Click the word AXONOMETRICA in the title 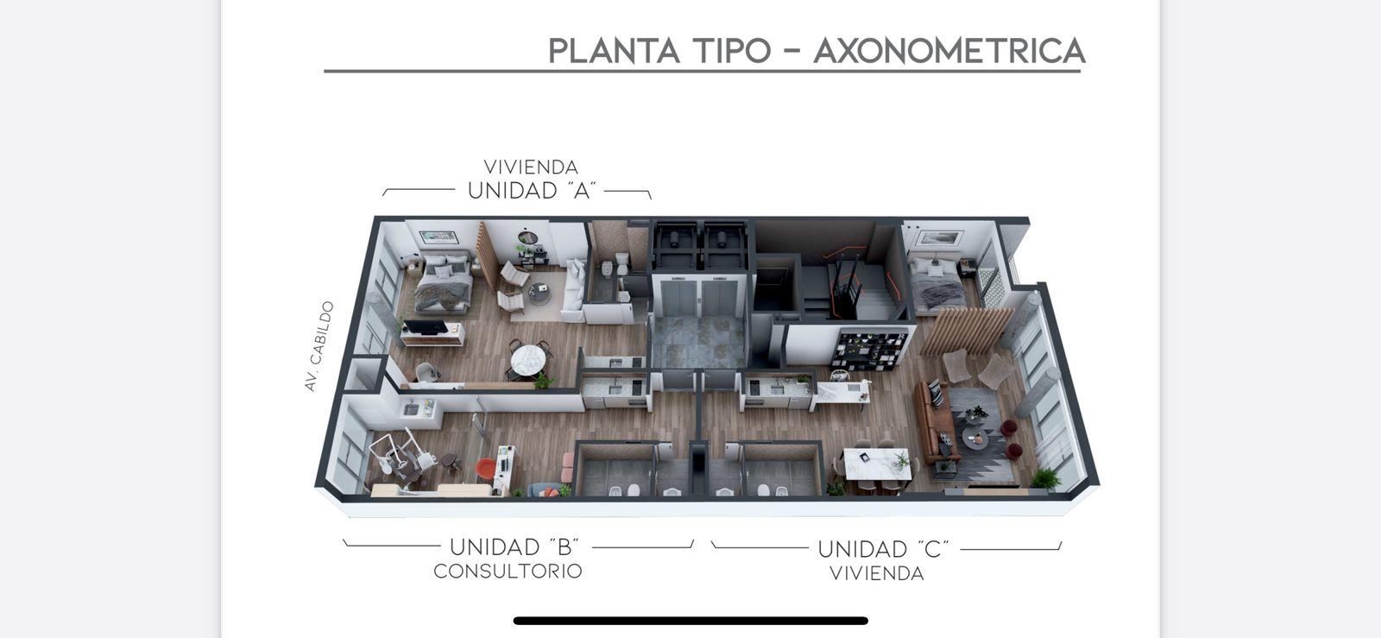[x=949, y=51]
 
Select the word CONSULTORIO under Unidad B [x=508, y=572]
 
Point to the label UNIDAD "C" [x=883, y=548]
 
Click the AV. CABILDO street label [x=318, y=346]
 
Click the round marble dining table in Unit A [x=527, y=359]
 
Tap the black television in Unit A [x=426, y=326]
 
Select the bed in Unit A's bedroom [x=444, y=282]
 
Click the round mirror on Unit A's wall [x=527, y=238]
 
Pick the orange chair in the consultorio [x=485, y=469]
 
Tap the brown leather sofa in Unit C [x=936, y=422]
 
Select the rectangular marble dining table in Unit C [x=877, y=464]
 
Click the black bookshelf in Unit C [x=869, y=351]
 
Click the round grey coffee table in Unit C [x=974, y=438]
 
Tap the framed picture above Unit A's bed [x=438, y=237]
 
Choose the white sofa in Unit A [x=575, y=290]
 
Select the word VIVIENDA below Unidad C [x=877, y=574]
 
